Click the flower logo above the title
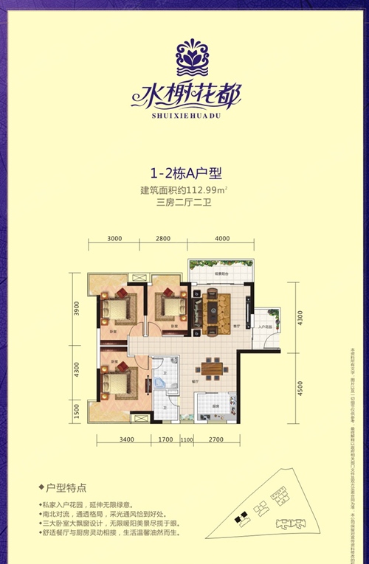[x=185, y=53]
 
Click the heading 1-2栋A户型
[x=184, y=174]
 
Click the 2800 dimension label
[x=163, y=238]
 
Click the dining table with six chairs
[x=213, y=369]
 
